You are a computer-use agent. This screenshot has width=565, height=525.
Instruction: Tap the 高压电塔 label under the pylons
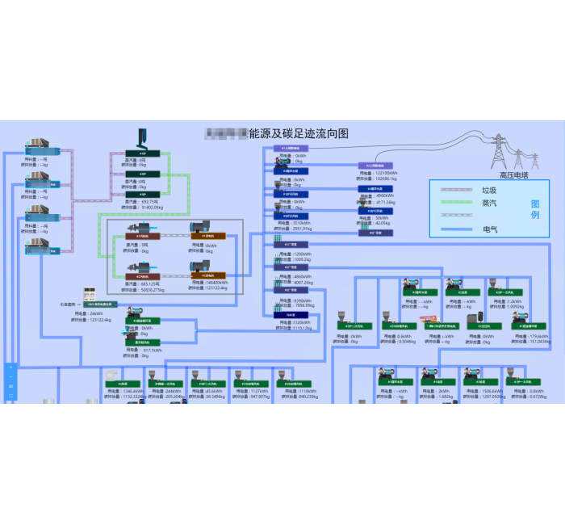pyautogui.click(x=513, y=174)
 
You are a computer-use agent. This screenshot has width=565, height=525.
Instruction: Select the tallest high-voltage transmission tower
pyautogui.click(x=500, y=151)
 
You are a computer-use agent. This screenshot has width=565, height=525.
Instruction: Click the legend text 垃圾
pyautogui.click(x=488, y=191)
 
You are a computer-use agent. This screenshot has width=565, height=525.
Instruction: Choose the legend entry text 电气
pyautogui.click(x=490, y=229)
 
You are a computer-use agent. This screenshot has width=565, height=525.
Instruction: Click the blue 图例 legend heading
pyautogui.click(x=534, y=209)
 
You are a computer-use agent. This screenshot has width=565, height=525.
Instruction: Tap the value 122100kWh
pyautogui.click(x=387, y=173)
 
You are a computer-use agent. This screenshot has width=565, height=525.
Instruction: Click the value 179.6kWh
pyautogui.click(x=538, y=336)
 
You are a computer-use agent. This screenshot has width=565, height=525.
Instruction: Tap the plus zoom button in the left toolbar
pyautogui.click(x=10, y=368)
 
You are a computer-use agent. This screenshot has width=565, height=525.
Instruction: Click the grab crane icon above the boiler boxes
pyautogui.click(x=140, y=137)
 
